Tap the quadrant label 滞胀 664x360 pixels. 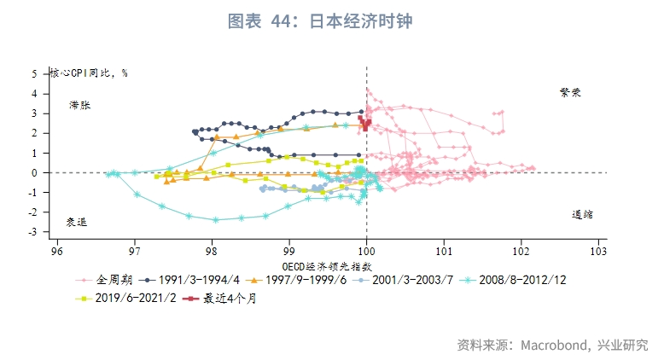79,105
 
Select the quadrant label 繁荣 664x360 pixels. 570,91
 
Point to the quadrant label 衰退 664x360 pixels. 77,222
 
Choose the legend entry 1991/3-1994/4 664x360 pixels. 198,279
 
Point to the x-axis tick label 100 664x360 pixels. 366,253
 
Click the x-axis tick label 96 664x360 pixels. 57,253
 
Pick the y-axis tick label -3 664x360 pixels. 33,232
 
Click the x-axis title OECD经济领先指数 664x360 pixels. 327,266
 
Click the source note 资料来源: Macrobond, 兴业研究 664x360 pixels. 551,345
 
